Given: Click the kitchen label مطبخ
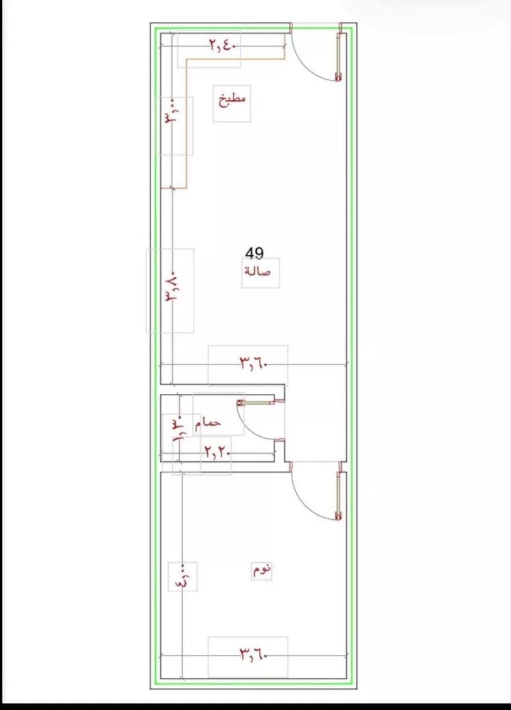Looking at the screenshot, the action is (232, 99).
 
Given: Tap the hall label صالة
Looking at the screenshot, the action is (258, 271).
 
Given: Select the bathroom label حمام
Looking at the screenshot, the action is (208, 423).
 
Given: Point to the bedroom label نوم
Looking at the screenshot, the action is (262, 570).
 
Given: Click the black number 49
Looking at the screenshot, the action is (254, 253).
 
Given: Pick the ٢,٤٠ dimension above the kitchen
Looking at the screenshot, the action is (222, 44).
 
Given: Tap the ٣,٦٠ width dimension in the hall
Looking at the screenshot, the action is (253, 362).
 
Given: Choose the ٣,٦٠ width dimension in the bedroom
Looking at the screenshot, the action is (253, 654).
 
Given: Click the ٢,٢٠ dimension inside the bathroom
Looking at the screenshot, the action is (217, 452).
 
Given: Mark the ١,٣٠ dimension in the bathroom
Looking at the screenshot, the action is (177, 428).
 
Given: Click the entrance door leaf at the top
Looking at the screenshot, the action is (338, 56).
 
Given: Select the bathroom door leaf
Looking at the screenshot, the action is (256, 402).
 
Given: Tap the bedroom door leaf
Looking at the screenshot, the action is (338, 496).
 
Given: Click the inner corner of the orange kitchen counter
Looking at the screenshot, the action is (187, 59).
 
